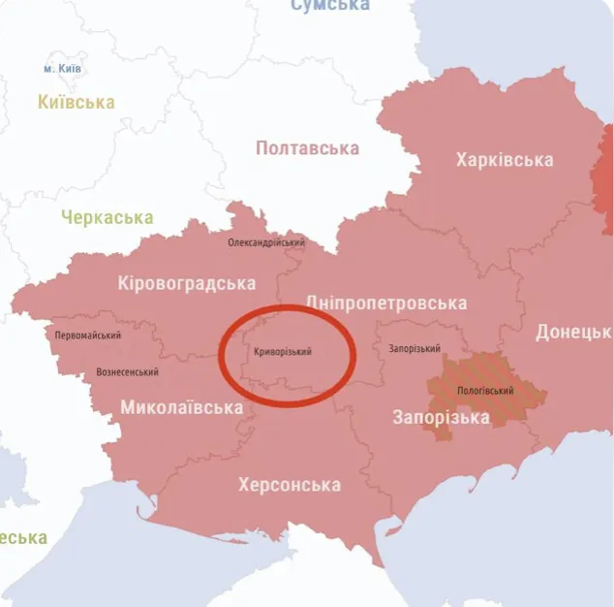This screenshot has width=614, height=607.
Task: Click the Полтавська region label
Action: (x=307, y=148)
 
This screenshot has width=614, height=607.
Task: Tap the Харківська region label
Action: (x=505, y=160)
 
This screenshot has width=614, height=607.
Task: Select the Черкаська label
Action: (x=107, y=217)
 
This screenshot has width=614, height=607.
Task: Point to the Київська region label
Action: (x=76, y=102)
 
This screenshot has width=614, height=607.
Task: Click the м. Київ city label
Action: (x=63, y=70)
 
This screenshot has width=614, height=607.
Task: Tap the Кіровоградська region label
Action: (x=186, y=283)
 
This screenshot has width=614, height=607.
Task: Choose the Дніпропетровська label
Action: (x=385, y=303)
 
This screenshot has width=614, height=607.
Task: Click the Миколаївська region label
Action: (x=181, y=407)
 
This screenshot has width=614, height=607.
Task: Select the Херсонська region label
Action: (x=289, y=484)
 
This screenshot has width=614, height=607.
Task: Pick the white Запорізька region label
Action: (x=441, y=418)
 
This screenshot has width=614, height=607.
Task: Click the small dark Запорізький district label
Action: (x=414, y=349)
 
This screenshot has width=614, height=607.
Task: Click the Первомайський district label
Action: (x=88, y=335)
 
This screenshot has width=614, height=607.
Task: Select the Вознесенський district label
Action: (x=127, y=372)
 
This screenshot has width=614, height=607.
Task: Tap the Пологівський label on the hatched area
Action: (x=484, y=394)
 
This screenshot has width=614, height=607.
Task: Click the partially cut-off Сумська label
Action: (x=329, y=6)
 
